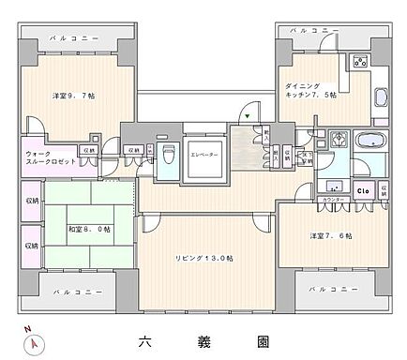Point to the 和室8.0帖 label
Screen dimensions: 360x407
pyautogui.click(x=89, y=229)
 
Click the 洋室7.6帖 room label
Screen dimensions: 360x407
pyautogui.click(x=332, y=235)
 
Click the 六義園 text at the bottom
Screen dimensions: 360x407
pyautogui.click(x=202, y=340)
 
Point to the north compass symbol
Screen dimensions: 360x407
pyautogui.click(x=35, y=341)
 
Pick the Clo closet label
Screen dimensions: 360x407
pyautogui.click(x=362, y=190)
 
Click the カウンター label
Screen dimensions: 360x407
pyautogui.click(x=330, y=200)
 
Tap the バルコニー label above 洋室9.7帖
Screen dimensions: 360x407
pyautogui.click(x=68, y=44)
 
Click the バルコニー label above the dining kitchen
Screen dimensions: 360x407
pyautogui.click(x=313, y=31)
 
